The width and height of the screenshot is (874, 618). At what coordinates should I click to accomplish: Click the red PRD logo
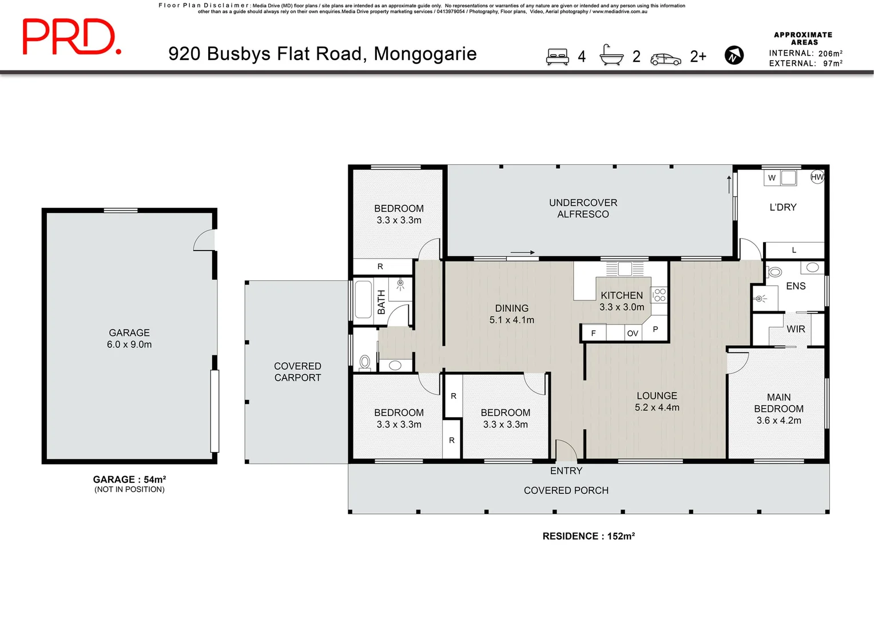click(71, 37)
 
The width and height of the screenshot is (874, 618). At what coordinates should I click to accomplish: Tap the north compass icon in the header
click(734, 56)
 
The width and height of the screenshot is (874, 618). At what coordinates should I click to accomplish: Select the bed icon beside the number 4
click(557, 56)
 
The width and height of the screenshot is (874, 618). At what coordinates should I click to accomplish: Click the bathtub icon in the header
click(611, 56)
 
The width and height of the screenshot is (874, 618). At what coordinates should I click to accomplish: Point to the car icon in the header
click(666, 59)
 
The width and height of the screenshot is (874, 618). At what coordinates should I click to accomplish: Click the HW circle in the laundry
click(817, 177)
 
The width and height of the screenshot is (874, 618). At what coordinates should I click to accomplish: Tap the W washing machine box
click(772, 178)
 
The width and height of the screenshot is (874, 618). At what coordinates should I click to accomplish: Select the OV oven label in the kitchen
click(633, 333)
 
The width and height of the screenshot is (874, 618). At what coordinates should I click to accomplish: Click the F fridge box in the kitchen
click(594, 333)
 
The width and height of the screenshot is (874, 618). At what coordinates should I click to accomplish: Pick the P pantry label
click(655, 329)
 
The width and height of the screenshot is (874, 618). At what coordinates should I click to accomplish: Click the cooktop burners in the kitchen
click(660, 295)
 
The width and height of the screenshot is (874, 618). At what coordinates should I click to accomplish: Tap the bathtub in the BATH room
click(363, 298)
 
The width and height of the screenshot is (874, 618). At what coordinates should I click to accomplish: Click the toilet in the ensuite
click(774, 271)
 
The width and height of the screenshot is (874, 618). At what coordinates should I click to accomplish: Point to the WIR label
click(796, 329)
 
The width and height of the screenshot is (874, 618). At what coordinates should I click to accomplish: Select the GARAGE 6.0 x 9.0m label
click(129, 338)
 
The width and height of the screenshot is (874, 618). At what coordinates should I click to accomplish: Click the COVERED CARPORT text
click(297, 371)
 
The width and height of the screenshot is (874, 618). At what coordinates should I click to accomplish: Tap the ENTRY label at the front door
click(566, 470)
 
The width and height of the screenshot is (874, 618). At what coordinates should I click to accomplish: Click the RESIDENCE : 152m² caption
click(589, 536)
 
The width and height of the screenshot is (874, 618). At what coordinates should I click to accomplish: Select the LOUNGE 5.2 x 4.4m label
click(657, 401)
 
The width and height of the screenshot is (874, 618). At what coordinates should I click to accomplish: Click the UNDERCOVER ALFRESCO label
click(583, 208)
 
